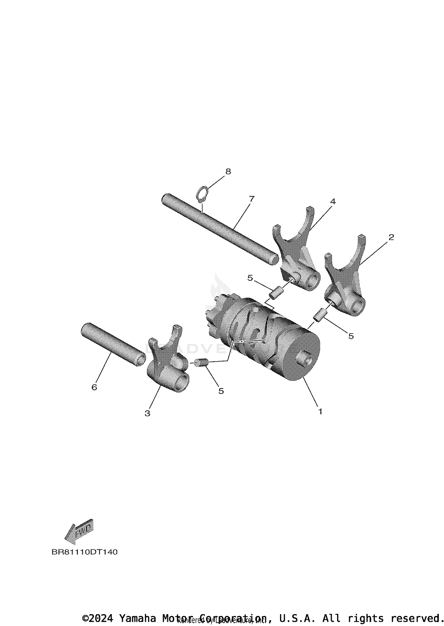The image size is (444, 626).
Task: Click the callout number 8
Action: coord(228,171)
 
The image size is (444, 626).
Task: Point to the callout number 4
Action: coord(333,202)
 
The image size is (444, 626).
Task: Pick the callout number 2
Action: coord(391,237)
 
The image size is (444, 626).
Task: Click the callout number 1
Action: coord(320,411)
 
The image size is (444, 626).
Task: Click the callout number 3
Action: coord(147,413)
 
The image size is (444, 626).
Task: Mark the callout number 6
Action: coord(94,387)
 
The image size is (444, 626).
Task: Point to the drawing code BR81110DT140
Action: coord(84,552)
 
